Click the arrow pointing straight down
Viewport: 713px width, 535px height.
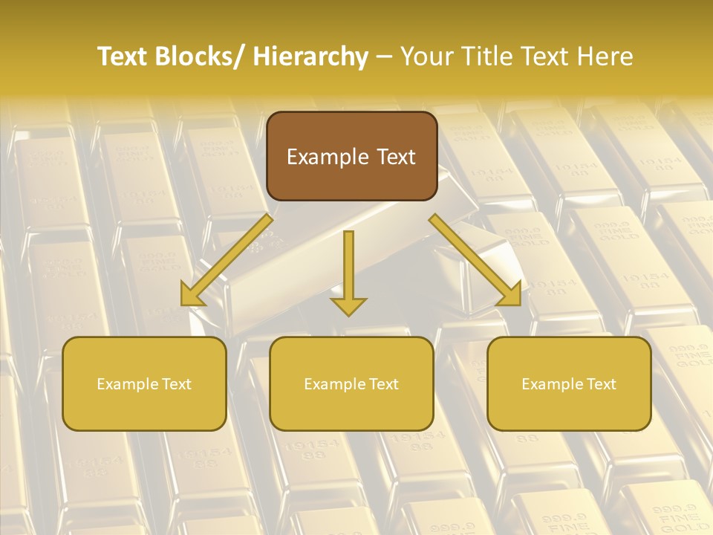click(x=348, y=271)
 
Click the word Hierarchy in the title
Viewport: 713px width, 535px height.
click(x=310, y=57)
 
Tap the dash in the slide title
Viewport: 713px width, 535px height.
click(x=385, y=57)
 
